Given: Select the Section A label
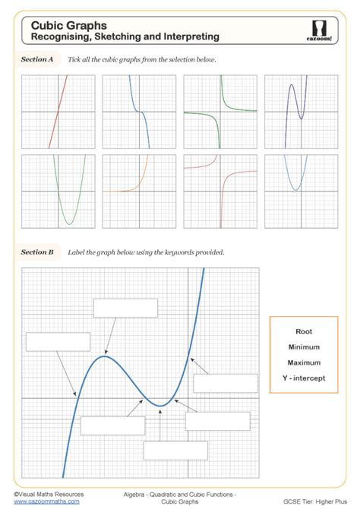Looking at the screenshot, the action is click(37, 58).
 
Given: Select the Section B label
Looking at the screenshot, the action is click(37, 251).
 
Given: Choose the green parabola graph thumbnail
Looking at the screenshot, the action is click(58, 191).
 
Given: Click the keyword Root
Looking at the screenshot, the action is click(304, 331).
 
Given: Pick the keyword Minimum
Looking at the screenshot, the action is click(304, 346).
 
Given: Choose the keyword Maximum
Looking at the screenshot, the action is click(304, 362).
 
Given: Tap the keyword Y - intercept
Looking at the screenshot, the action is click(304, 378).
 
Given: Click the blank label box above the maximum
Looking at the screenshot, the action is click(125, 308).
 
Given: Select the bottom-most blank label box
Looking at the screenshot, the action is click(175, 451).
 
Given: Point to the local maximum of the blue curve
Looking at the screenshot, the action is click(106, 356).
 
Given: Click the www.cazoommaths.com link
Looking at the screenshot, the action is click(46, 501).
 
